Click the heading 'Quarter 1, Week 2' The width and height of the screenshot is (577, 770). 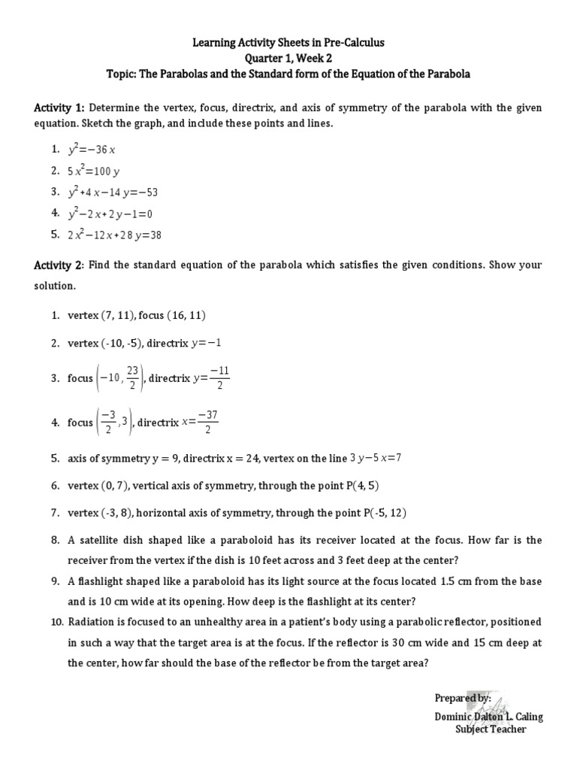pyautogui.click(x=289, y=59)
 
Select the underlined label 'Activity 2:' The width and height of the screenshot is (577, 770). pyautogui.click(x=59, y=265)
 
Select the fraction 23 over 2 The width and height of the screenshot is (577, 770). pyautogui.click(x=132, y=377)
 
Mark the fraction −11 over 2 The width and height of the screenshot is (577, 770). pyautogui.click(x=218, y=377)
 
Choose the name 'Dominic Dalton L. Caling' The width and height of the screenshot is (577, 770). pyautogui.click(x=489, y=716)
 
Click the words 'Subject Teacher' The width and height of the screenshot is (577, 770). pyautogui.click(x=491, y=729)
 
